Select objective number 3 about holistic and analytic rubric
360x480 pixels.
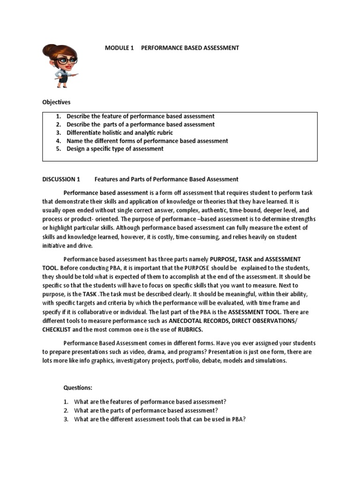(120, 133)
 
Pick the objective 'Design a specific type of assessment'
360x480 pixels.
(115, 149)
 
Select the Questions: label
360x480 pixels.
(78, 388)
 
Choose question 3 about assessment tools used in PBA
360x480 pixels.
(160, 419)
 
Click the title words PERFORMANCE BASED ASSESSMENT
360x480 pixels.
(190, 48)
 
